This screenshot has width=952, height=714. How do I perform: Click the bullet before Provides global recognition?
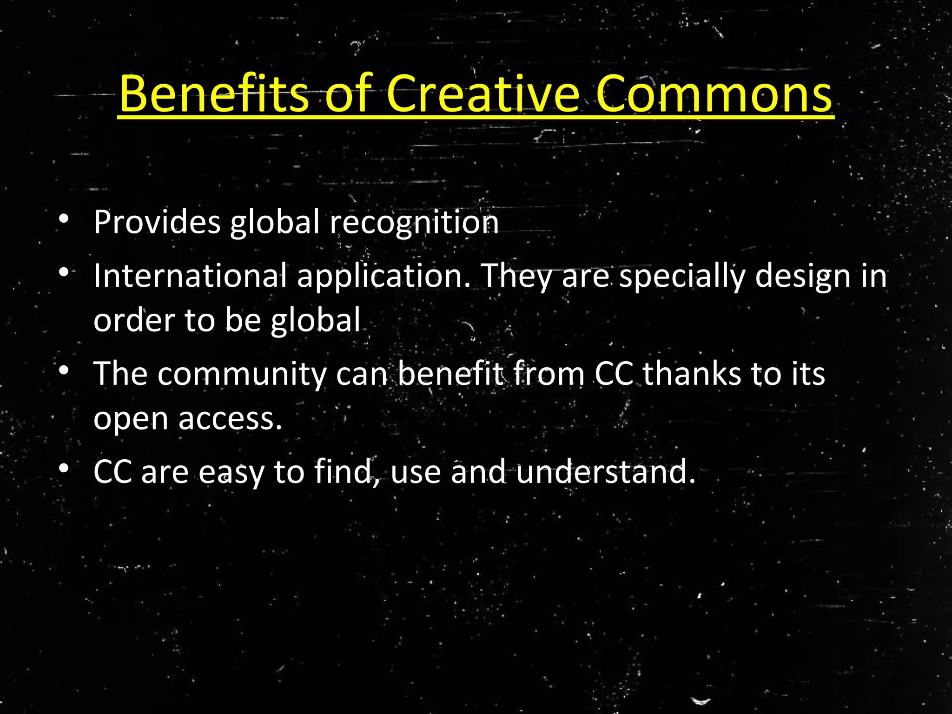64,218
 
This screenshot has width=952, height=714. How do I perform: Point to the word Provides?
157,222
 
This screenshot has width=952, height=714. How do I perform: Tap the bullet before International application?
64,272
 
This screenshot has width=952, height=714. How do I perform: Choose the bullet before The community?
64,370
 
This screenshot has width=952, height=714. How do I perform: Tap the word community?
242,375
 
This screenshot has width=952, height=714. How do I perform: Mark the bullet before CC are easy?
64,468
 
